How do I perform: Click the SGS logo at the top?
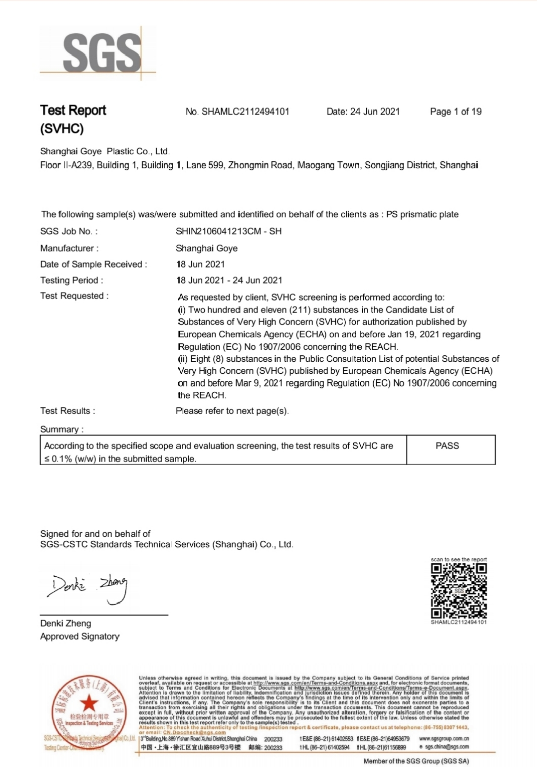pyautogui.click(x=101, y=52)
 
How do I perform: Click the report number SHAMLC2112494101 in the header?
pyautogui.click(x=246, y=112)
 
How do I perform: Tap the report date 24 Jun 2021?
pyautogui.click(x=375, y=112)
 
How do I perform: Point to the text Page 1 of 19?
pyautogui.click(x=455, y=112)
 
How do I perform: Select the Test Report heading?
pyautogui.click(x=73, y=111)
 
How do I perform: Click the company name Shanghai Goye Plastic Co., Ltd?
pyautogui.click(x=105, y=151)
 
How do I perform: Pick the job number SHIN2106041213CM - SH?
pyautogui.click(x=228, y=231)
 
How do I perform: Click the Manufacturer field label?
pyautogui.click(x=69, y=248)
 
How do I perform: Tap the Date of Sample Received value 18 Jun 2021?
pyautogui.click(x=200, y=264)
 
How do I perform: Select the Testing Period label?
pyautogui.click(x=72, y=280)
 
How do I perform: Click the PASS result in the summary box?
pyautogui.click(x=447, y=446)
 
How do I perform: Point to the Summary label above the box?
pyautogui.click(x=62, y=429)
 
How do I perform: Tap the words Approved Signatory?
pyautogui.click(x=80, y=636)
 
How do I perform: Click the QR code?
pyautogui.click(x=458, y=590)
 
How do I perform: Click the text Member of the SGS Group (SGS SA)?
pyautogui.click(x=416, y=761)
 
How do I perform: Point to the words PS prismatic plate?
pyautogui.click(x=422, y=214)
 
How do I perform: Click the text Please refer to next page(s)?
pyautogui.click(x=232, y=411)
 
